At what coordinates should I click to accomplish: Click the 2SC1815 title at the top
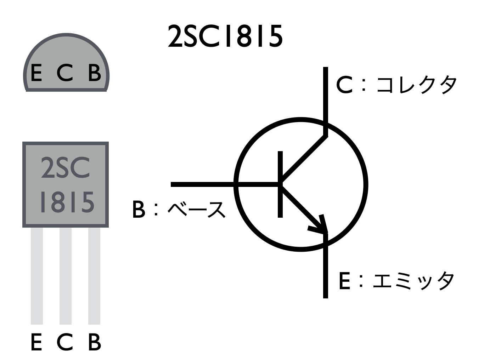click(225, 36)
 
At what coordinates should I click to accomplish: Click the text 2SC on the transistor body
click(66, 168)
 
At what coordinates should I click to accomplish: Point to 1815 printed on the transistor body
click(67, 202)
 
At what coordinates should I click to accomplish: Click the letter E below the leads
click(36, 342)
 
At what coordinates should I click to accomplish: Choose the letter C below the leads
click(65, 342)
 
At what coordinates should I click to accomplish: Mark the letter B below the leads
click(94, 342)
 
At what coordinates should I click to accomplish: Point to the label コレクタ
click(416, 85)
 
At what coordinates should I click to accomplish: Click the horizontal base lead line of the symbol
click(202, 184)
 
